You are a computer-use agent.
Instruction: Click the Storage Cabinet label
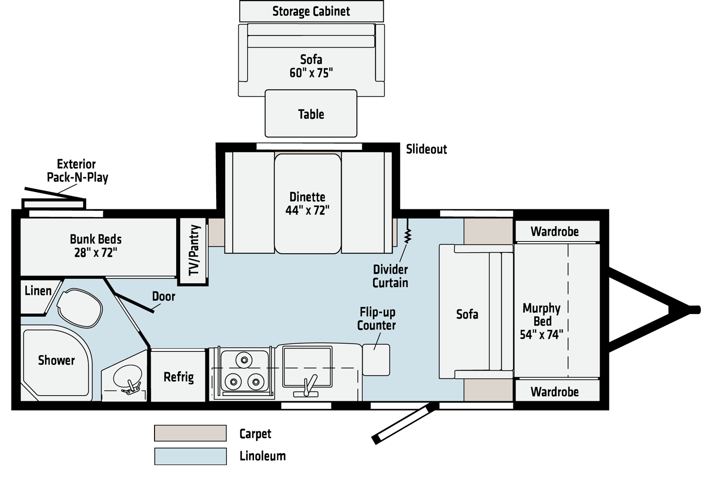coord(311,11)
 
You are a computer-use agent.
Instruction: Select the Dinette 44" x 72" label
coord(307,203)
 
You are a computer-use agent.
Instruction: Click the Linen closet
coord(37,291)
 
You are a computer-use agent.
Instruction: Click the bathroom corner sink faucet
coord(132,387)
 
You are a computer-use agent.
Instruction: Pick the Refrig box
coord(179,376)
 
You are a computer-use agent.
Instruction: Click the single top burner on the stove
coord(244,360)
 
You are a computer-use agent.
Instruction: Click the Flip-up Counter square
coord(376,360)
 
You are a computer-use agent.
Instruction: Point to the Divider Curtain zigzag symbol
coord(408,236)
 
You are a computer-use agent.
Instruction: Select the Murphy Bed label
coord(541,321)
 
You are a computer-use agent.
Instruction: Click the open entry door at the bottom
coord(403,423)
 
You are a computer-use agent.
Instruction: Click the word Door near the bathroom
coord(163,296)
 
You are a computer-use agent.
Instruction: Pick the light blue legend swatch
coord(190,457)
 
